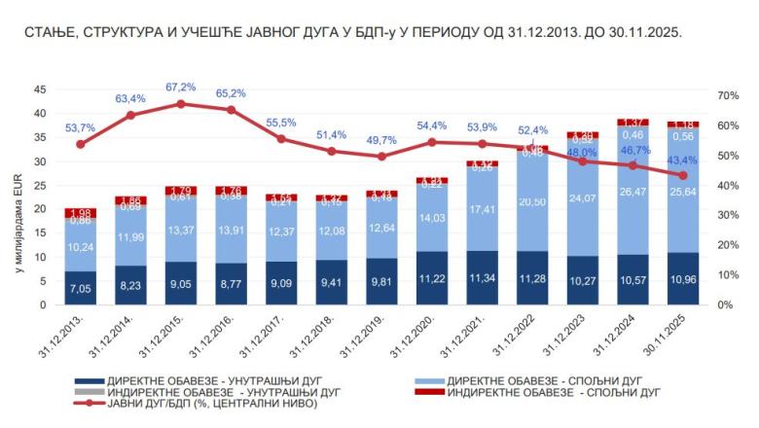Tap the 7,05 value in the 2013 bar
pyautogui.click(x=81, y=288)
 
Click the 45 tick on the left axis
pyautogui.click(x=40, y=89)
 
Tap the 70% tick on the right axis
pyautogui.click(x=729, y=95)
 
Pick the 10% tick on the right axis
pyautogui.click(x=729, y=275)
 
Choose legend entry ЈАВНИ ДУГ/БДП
pyautogui.click(x=194, y=402)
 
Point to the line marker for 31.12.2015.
pyautogui.click(x=181, y=103)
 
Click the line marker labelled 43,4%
pyautogui.click(x=682, y=175)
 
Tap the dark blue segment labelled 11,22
pyautogui.click(x=431, y=278)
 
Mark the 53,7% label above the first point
pyautogui.click(x=81, y=127)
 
